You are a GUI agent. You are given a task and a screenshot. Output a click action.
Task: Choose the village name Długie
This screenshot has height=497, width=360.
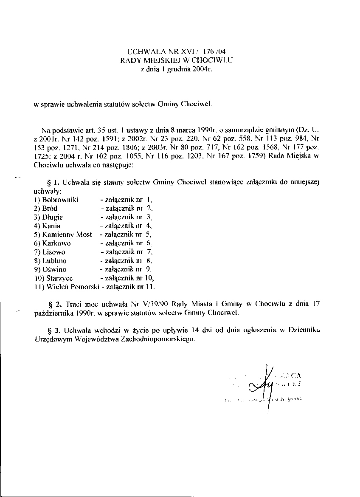(x=53, y=217)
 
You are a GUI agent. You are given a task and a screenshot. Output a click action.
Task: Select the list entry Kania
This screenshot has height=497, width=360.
(x=51, y=226)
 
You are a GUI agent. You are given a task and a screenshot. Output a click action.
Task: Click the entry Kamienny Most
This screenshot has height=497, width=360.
(x=67, y=234)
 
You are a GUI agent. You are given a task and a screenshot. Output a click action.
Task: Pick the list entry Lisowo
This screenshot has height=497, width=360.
(x=53, y=252)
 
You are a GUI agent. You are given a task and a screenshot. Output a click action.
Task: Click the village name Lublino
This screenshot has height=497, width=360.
(x=54, y=260)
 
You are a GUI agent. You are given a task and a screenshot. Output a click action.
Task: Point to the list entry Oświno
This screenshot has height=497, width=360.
(x=54, y=269)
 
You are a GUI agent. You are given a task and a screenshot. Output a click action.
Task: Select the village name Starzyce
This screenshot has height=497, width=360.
(x=57, y=278)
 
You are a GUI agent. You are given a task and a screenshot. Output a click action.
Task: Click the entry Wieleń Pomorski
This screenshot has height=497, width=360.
(x=69, y=287)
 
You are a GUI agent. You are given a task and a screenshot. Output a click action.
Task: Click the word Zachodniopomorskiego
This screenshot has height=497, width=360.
(x=159, y=339)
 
